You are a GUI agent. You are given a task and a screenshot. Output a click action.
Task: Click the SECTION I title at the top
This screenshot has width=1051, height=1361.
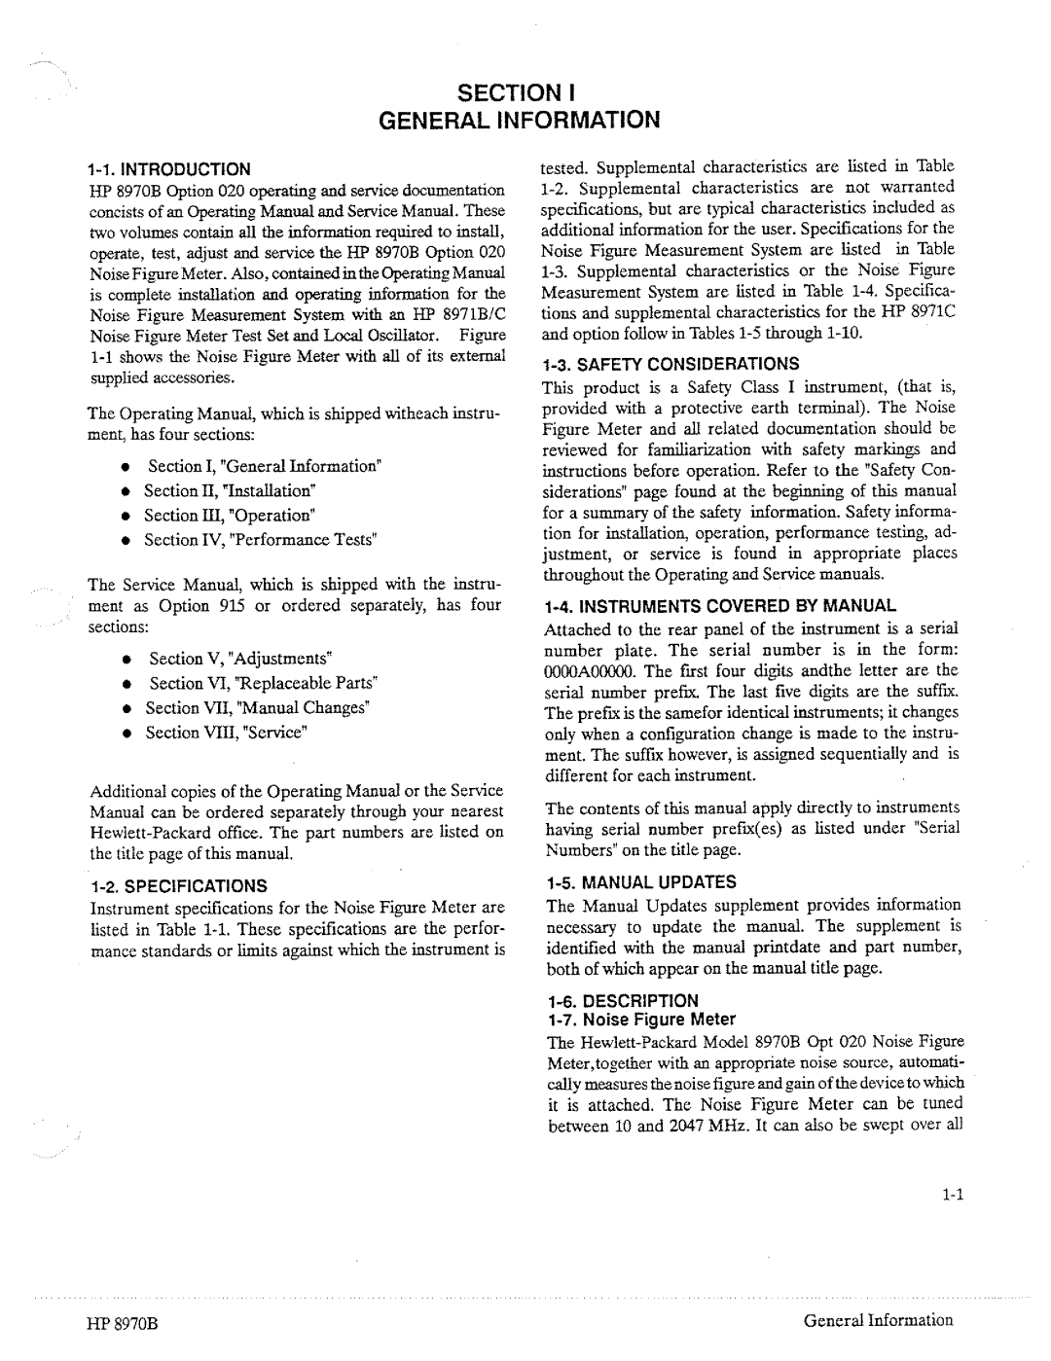coord(525,94)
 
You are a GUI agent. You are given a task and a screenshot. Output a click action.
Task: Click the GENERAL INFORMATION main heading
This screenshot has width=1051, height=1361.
coord(525,121)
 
